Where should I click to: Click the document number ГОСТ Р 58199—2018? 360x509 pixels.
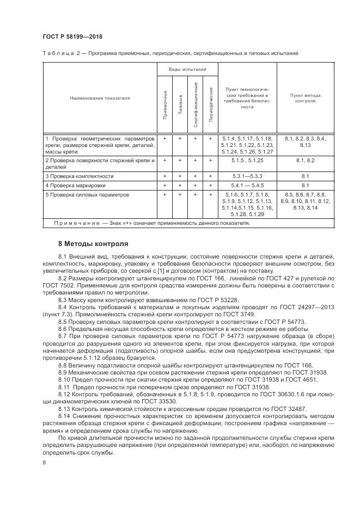(72, 36)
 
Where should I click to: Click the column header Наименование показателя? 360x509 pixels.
(100, 99)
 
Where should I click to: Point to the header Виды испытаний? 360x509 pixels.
(187, 70)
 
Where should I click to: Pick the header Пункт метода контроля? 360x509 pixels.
(305, 99)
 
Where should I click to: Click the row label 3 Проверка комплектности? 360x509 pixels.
(80, 176)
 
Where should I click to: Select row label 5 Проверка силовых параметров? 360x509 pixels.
(87, 194)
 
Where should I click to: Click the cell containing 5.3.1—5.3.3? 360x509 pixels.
(247, 176)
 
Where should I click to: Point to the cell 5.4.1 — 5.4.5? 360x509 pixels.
(247, 186)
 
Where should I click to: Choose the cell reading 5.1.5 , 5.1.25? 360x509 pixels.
(247, 161)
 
